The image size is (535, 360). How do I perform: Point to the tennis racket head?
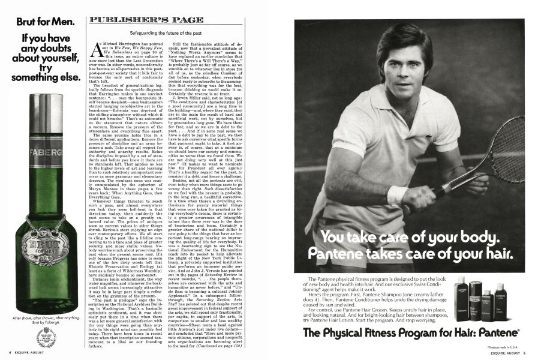509,147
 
